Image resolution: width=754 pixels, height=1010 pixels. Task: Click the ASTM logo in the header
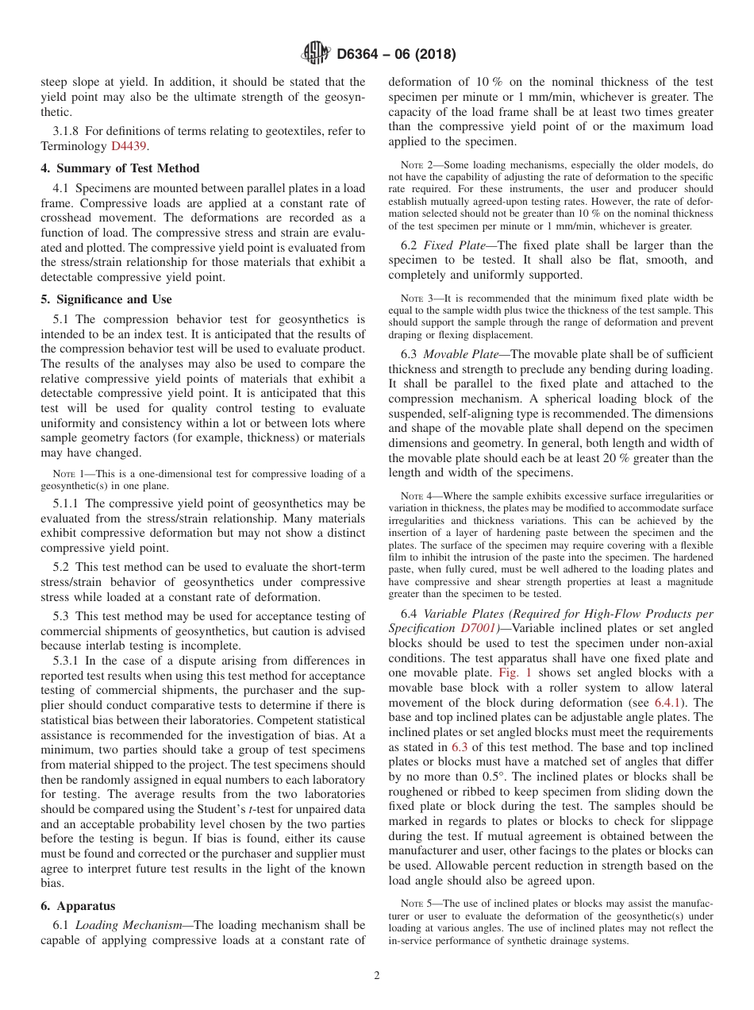coord(316,54)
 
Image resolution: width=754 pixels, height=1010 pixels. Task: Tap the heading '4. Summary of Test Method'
coord(120,168)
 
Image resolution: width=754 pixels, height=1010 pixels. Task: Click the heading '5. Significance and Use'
coord(106,299)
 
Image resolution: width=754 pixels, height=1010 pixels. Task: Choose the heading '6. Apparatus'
coord(78,906)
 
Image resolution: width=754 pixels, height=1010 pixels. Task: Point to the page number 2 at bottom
coord(377,976)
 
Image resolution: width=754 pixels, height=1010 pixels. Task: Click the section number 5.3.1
coord(68,660)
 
